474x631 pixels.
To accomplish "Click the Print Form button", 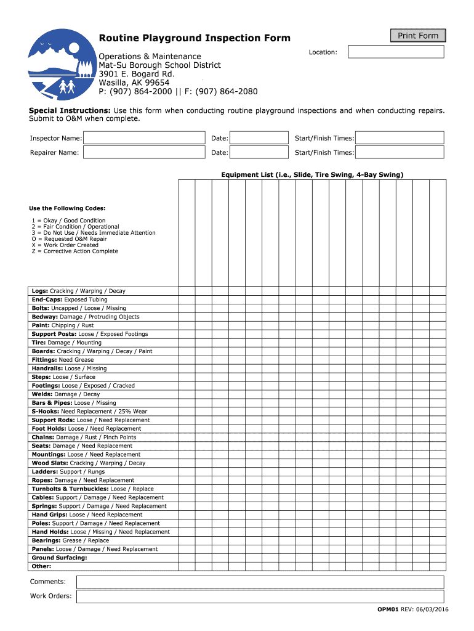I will click(418, 36).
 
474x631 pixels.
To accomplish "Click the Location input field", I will click(396, 52).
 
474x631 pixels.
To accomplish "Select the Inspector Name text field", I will click(143, 138).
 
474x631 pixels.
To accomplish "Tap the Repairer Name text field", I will click(143, 152).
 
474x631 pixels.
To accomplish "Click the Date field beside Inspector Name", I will click(259, 138).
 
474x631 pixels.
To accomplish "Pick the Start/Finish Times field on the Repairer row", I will click(400, 152).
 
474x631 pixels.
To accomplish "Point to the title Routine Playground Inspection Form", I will click(195, 38).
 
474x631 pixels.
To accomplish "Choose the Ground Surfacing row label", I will click(59, 558).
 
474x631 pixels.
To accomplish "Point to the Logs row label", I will click(40, 291).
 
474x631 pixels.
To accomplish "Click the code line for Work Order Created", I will click(65, 245).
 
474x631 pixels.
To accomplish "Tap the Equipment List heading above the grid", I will click(312, 175).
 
